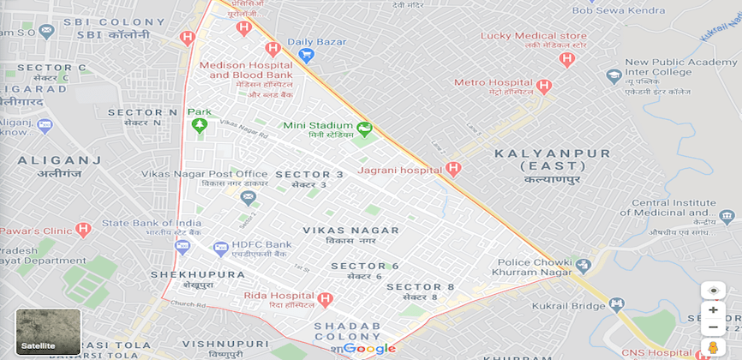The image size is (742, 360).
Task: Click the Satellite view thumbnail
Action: tap(48, 333)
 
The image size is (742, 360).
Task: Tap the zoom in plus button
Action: tap(713, 309)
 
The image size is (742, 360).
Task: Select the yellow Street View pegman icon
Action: tap(713, 348)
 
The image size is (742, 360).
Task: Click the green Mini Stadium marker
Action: tap(365, 129)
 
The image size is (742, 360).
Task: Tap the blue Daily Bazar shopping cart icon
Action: tap(306, 56)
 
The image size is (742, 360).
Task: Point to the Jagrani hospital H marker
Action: tap(454, 170)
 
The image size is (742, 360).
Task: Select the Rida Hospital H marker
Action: tap(324, 299)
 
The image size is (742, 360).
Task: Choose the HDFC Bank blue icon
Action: tap(220, 248)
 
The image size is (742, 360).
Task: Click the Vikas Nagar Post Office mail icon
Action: tap(248, 198)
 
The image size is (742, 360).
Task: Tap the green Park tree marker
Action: tap(199, 127)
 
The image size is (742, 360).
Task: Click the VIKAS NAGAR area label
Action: tap(351, 231)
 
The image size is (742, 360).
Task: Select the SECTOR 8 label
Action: tap(421, 286)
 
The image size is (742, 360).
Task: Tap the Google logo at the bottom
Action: tap(369, 348)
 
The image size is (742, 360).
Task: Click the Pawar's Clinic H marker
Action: tap(82, 230)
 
